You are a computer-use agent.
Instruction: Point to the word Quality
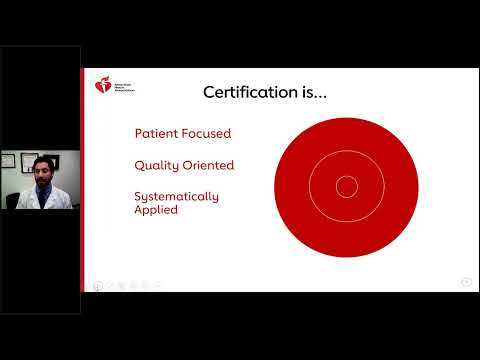tap(155, 164)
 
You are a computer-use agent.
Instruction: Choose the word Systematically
tap(176, 196)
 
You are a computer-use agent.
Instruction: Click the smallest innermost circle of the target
tap(346, 186)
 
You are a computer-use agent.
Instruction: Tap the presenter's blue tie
tap(41, 195)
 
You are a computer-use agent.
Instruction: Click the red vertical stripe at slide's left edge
tap(83, 180)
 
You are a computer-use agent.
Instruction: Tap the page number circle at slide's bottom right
tap(466, 282)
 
